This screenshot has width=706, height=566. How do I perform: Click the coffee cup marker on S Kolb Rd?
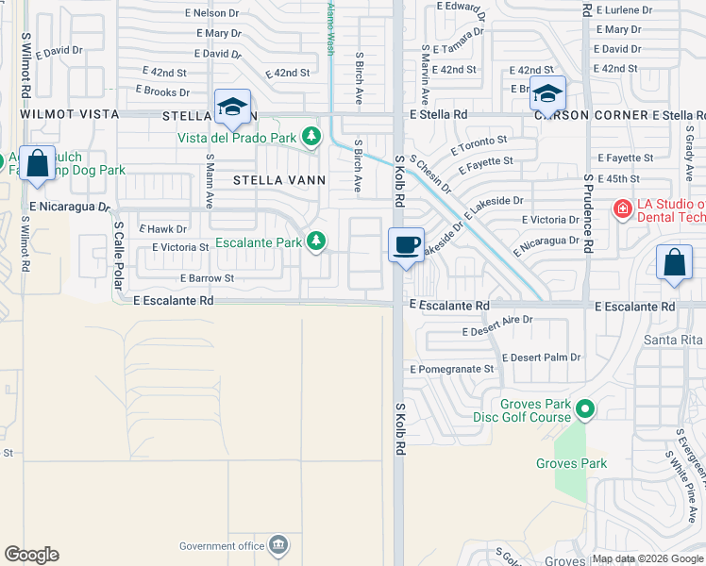(406, 245)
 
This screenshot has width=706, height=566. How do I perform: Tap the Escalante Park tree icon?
(316, 242)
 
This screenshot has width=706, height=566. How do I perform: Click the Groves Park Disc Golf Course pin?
(585, 409)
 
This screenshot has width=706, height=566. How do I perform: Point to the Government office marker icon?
(278, 544)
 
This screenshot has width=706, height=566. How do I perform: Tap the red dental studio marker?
(622, 208)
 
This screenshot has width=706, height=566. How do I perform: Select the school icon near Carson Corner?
(546, 93)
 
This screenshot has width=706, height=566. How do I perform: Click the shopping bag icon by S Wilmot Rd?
(38, 164)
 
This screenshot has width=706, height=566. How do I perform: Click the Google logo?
(31, 555)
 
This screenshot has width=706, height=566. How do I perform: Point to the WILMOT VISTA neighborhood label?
(70, 114)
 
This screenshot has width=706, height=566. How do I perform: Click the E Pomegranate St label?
(451, 369)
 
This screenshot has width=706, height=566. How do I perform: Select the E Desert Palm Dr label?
(541, 358)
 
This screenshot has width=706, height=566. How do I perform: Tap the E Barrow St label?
(207, 278)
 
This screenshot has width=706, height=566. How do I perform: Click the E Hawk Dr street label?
(162, 228)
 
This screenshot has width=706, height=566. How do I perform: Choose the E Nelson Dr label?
(212, 14)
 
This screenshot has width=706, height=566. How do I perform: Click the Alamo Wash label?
(330, 28)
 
